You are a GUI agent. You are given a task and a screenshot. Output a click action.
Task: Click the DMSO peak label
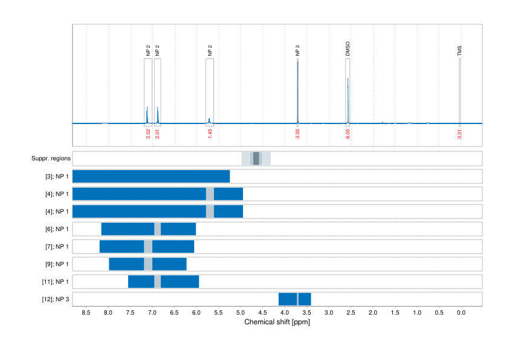point(348,49)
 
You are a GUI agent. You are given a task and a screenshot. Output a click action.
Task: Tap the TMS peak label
point(459,51)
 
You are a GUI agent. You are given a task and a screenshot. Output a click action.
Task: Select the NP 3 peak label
point(297,51)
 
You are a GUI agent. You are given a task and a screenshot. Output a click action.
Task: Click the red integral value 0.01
point(459,134)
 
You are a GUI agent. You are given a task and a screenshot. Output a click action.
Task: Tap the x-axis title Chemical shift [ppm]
point(277,322)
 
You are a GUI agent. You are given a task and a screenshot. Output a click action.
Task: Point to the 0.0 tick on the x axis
point(461,312)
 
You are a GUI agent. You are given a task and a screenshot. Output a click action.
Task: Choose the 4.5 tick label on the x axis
point(262,312)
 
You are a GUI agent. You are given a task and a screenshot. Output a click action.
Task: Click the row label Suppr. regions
point(51,159)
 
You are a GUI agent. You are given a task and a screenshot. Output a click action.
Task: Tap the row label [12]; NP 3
point(54,299)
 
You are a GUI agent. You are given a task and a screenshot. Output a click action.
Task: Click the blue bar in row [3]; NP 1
point(151,177)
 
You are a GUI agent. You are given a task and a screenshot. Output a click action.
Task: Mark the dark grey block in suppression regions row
point(256,159)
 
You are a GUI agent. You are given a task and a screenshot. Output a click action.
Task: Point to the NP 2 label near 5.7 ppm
point(210,51)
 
